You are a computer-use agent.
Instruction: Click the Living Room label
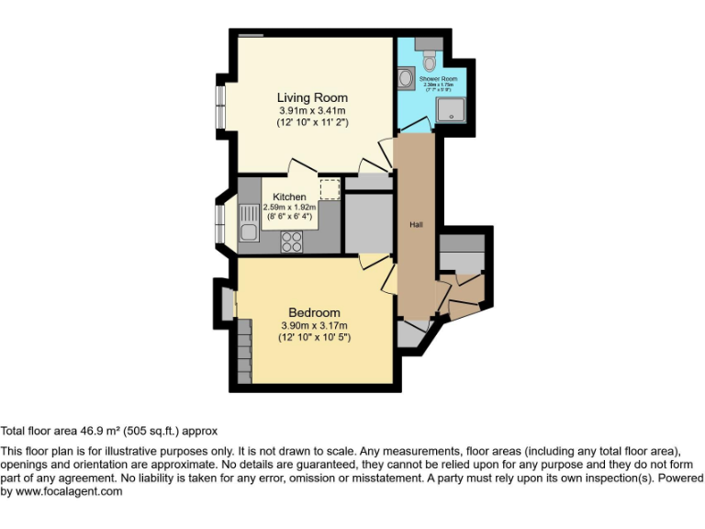click(x=312, y=97)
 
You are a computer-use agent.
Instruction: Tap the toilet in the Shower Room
click(x=431, y=61)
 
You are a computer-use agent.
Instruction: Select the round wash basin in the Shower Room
click(x=408, y=80)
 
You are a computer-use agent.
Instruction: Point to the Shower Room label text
click(x=439, y=80)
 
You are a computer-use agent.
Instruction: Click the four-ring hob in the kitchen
click(x=292, y=241)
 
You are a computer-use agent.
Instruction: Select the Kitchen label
click(x=289, y=197)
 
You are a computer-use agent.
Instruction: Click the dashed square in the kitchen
click(x=329, y=189)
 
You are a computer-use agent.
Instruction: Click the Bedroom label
click(x=314, y=312)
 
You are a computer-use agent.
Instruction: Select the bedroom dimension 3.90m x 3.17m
click(x=315, y=325)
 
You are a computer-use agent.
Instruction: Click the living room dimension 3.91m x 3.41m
click(x=313, y=110)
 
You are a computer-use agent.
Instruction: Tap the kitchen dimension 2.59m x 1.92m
click(x=289, y=208)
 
